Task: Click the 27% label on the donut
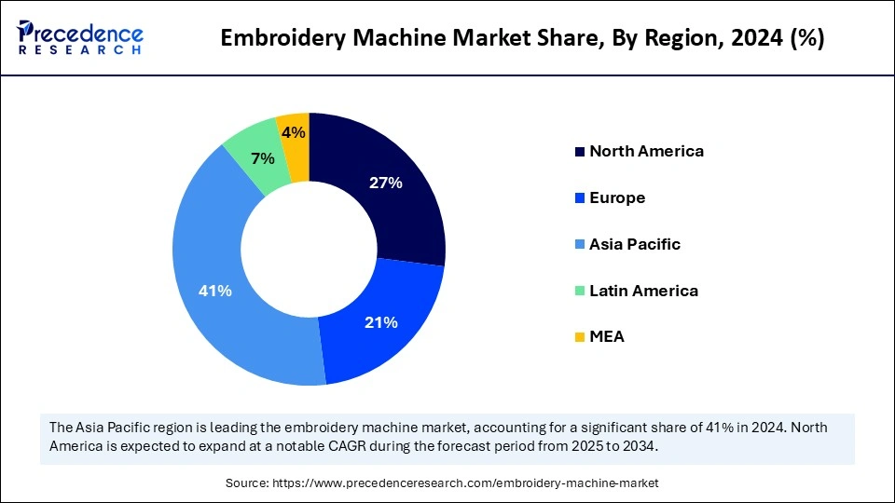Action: (385, 184)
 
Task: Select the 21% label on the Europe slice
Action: (380, 322)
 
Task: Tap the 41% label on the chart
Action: (214, 291)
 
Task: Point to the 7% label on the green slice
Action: (262, 158)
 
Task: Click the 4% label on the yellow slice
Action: (294, 133)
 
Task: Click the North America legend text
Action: (646, 151)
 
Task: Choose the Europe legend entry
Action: (617, 197)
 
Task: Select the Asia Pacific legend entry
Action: (635, 244)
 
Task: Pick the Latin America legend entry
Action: (643, 291)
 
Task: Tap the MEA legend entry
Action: (607, 337)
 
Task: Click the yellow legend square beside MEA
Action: (580, 337)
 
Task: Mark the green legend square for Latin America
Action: (580, 291)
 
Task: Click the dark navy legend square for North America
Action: (580, 152)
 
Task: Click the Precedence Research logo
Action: (80, 37)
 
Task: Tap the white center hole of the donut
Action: (309, 249)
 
